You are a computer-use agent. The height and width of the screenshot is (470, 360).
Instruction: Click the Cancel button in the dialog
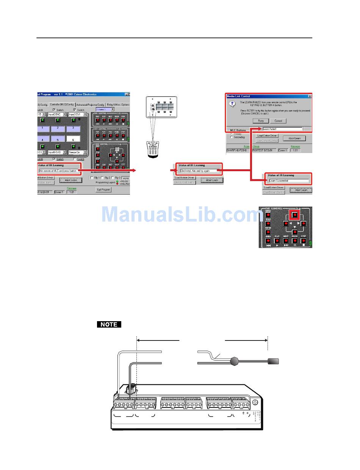279,121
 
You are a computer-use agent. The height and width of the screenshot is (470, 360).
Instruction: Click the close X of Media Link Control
310,96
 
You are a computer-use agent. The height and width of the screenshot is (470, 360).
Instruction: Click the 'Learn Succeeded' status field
288,181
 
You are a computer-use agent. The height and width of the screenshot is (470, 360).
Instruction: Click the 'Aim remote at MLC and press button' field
59,171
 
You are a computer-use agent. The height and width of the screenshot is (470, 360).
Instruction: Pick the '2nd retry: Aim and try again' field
200,171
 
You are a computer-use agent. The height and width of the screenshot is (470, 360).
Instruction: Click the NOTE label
109,325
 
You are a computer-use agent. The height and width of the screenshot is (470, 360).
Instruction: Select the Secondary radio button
232,137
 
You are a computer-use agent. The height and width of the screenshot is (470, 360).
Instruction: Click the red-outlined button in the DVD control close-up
294,215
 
